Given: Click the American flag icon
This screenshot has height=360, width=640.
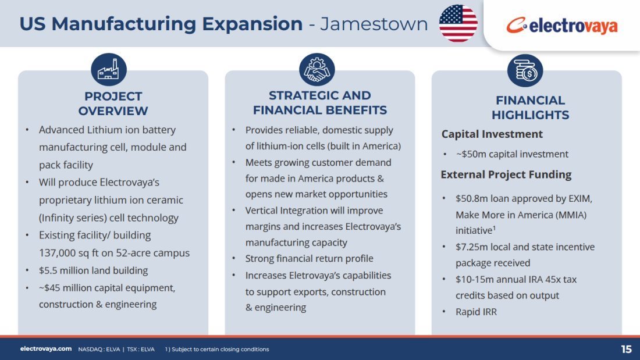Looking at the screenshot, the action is (x=458, y=23).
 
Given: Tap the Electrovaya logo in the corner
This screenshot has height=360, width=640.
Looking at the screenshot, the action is (x=561, y=26).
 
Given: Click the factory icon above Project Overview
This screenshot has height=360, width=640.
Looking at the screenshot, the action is (x=109, y=69).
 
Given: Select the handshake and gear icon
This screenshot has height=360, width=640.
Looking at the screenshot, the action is (x=317, y=69).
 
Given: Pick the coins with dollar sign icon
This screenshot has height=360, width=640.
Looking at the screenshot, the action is (x=525, y=70).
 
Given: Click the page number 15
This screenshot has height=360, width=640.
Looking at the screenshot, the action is (x=626, y=350).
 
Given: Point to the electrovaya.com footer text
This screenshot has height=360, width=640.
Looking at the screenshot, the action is (x=46, y=349).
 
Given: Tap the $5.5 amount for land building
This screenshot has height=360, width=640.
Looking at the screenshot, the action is (x=48, y=270).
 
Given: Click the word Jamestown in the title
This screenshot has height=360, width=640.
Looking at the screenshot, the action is (x=374, y=24).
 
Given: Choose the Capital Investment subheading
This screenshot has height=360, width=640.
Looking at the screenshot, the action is (x=492, y=134).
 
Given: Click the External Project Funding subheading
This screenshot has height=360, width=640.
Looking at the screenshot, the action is (x=506, y=174).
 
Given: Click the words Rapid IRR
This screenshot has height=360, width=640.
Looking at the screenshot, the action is (x=477, y=312).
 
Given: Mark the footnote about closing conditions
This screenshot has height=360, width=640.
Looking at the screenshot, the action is (x=217, y=350).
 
